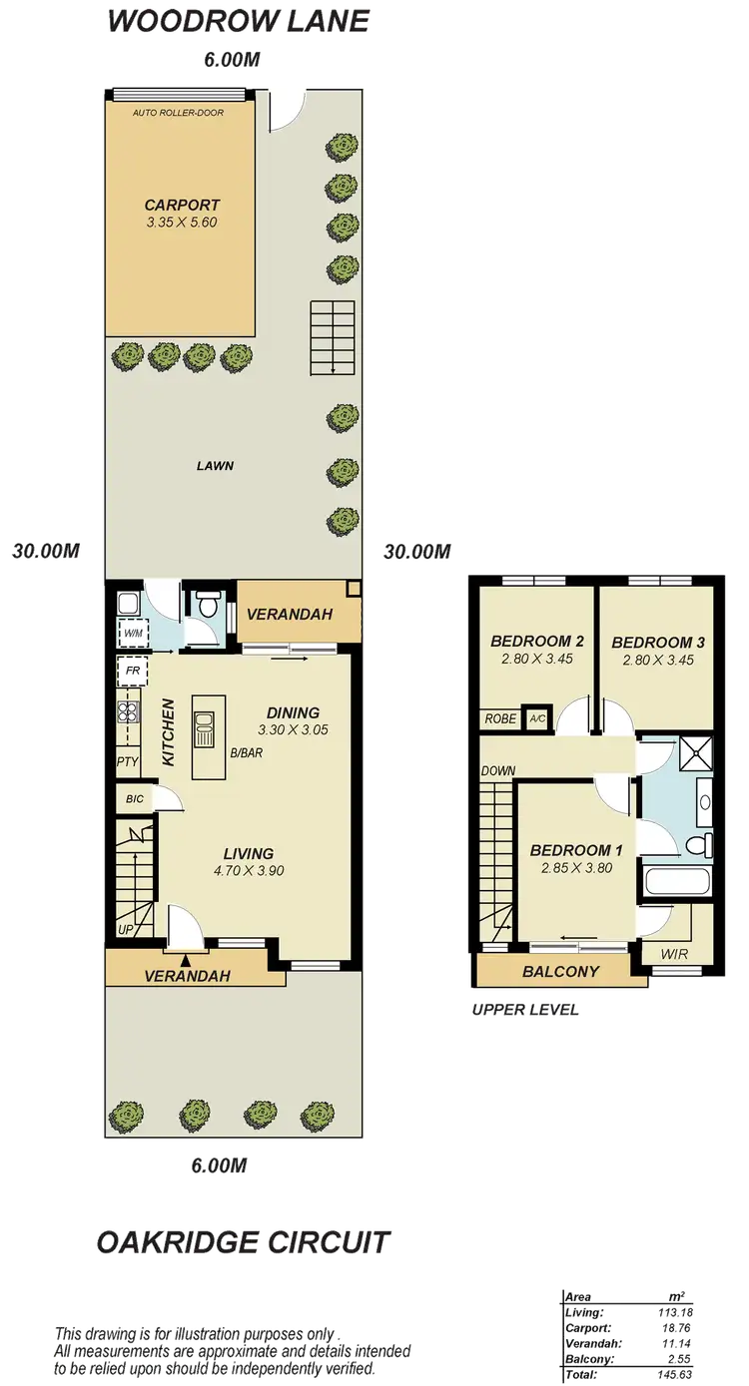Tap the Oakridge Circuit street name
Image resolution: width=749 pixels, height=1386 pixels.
(243, 1243)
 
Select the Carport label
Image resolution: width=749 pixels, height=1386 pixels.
(180, 206)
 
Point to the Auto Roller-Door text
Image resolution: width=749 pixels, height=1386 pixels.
(179, 113)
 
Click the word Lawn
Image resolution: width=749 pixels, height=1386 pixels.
(215, 465)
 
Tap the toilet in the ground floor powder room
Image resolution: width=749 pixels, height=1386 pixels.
(208, 605)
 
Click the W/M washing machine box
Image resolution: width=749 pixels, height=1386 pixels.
(131, 632)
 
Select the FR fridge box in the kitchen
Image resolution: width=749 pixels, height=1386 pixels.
(132, 671)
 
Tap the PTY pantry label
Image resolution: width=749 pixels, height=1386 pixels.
(127, 763)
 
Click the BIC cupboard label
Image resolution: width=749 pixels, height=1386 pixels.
(134, 799)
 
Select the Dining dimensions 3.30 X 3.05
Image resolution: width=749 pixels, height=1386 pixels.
(293, 729)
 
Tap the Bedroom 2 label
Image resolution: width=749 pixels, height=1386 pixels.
(537, 642)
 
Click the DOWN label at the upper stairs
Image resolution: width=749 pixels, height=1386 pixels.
(496, 771)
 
